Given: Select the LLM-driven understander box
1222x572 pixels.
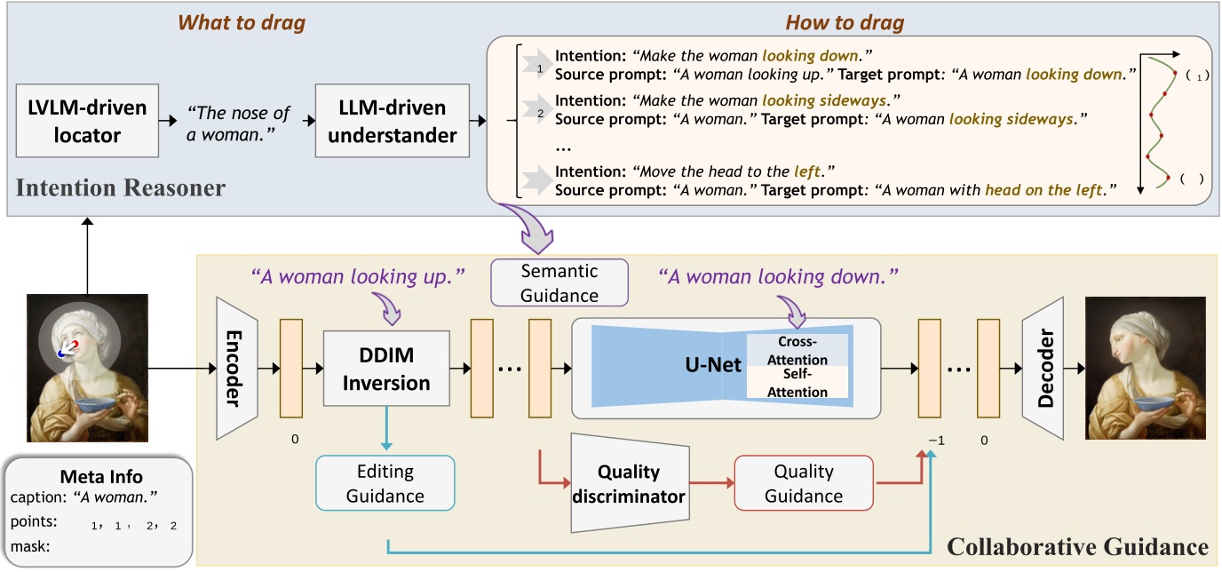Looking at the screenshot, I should (391, 123).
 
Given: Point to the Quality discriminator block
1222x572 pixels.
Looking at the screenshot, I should (628, 484).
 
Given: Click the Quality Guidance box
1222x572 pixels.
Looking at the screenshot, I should (803, 484).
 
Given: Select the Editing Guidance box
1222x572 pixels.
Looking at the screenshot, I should (385, 483).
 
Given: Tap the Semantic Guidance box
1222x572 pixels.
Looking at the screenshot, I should (559, 282).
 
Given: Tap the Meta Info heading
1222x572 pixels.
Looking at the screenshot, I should (100, 478).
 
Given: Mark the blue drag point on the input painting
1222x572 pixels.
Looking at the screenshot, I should (61, 354).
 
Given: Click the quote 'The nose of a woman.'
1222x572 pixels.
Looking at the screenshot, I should (238, 123).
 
